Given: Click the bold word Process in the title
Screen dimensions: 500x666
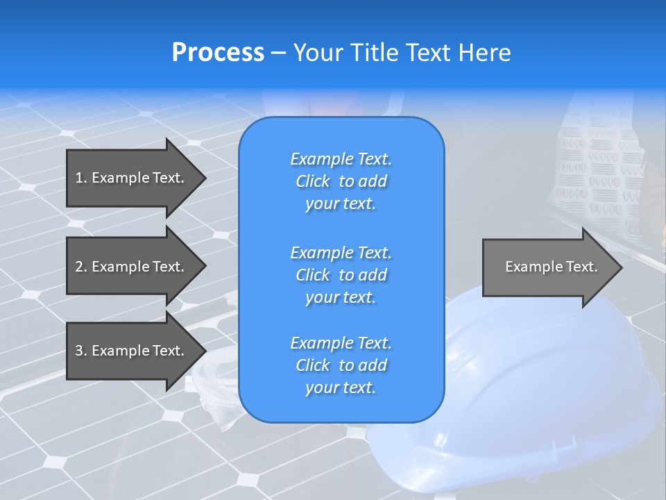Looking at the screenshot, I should [218, 53].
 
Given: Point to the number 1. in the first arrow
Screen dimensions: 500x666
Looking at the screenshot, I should [81, 178].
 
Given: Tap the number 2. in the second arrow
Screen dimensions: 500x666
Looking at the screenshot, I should [81, 267].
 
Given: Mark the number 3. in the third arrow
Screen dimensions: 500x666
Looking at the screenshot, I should [81, 351].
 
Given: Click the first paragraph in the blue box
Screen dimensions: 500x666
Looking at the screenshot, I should [341, 181].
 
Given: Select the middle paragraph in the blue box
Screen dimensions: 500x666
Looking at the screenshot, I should [341, 274].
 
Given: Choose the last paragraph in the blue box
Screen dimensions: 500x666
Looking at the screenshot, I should [341, 365].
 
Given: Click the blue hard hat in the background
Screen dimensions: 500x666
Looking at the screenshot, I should [541, 389].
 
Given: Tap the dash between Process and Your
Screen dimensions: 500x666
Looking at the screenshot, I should [279, 53].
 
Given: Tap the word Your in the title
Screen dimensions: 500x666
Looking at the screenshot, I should [318, 53].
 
